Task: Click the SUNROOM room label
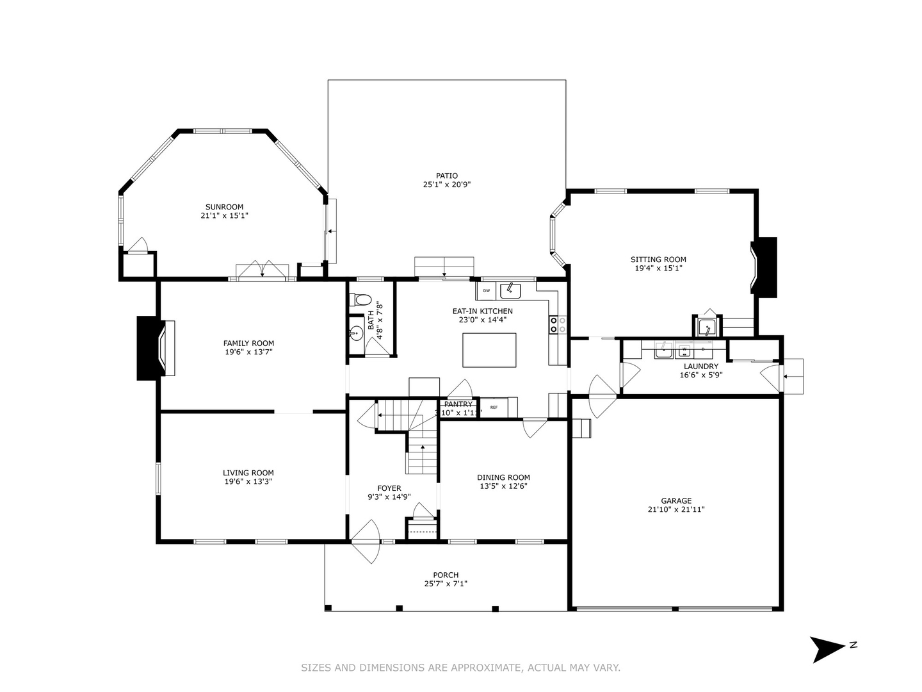[x=224, y=206]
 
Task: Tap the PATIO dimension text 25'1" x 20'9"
[x=447, y=185]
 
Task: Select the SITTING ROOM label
[x=658, y=259]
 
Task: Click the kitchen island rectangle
[x=489, y=350]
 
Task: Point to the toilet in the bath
[x=363, y=299]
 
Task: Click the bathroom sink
[x=356, y=333]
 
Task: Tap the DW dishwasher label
[x=487, y=291]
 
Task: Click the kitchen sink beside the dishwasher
[x=510, y=290]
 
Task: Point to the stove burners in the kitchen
[x=557, y=325]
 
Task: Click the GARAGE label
[x=676, y=501]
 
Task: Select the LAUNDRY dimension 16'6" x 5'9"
[x=700, y=375]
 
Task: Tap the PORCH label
[x=446, y=575]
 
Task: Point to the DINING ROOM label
[x=503, y=477]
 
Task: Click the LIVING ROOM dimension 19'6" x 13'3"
[x=248, y=482]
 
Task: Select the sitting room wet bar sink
[x=707, y=327]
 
